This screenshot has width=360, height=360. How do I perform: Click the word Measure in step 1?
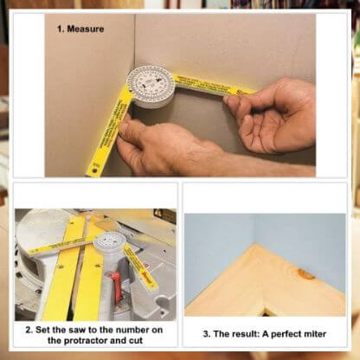(87, 29)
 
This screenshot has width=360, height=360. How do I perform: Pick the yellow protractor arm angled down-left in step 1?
(108, 129)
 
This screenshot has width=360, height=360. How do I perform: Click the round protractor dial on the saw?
(109, 241)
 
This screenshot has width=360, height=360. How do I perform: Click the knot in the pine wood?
(305, 274)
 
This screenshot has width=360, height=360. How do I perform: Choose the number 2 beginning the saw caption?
(28, 330)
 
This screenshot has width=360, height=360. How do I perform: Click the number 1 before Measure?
(61, 29)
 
